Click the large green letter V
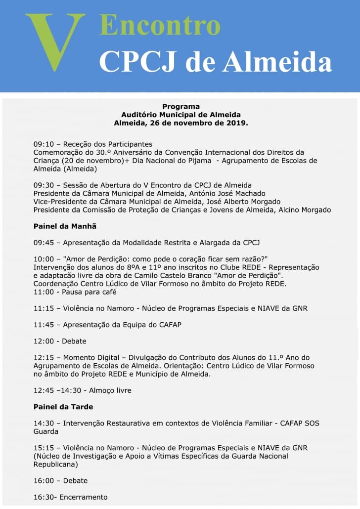point(55,42)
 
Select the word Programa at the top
point(181,106)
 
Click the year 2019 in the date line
point(236,122)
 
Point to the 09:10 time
point(43,144)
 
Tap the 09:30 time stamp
point(43,185)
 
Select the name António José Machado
point(232,193)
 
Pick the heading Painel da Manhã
point(65,226)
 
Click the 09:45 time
point(43,242)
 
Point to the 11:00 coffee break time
point(43,292)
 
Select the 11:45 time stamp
point(43,324)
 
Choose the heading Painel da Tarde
point(63,407)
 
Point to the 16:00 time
point(43,480)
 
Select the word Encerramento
point(84,497)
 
